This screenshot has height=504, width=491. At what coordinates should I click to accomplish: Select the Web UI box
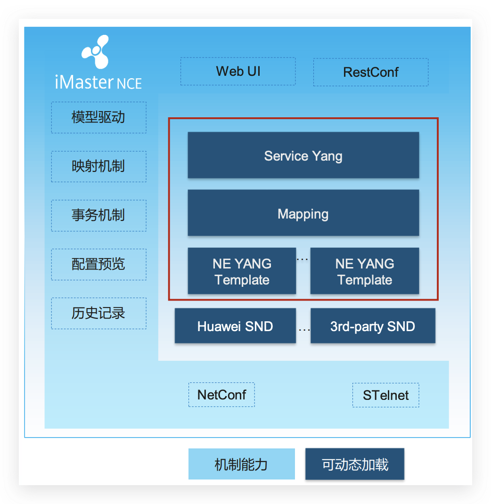[x=238, y=72]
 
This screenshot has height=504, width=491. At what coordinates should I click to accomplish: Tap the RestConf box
[x=371, y=72]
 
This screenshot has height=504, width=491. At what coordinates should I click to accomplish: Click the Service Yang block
[x=303, y=155]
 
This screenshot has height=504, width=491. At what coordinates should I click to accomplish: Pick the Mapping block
[x=303, y=213]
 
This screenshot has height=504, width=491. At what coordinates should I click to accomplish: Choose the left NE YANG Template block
[x=242, y=271]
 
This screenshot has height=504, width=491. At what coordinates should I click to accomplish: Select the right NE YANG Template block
[x=365, y=271]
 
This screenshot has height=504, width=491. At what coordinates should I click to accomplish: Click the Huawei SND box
[x=235, y=326]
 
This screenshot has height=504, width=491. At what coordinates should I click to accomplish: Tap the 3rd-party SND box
[x=373, y=326]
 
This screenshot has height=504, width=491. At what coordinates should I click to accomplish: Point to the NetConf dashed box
[x=221, y=395]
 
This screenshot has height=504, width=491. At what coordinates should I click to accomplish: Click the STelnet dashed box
[x=385, y=395]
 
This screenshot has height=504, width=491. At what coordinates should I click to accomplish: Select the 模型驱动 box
[x=98, y=117]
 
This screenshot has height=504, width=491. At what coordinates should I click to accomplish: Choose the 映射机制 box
[x=98, y=166]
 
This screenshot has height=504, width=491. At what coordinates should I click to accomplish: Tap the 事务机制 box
[x=98, y=215]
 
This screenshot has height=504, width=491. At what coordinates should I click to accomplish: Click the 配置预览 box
[x=98, y=264]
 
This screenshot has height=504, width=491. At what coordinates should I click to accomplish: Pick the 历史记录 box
[x=98, y=313]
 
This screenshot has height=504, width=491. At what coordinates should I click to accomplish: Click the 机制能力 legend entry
[x=241, y=464]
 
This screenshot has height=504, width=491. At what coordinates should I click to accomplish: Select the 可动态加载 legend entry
[x=355, y=464]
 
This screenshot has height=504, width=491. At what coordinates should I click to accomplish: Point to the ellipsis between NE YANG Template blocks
[x=303, y=259]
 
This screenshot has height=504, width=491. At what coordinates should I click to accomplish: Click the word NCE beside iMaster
[x=129, y=83]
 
